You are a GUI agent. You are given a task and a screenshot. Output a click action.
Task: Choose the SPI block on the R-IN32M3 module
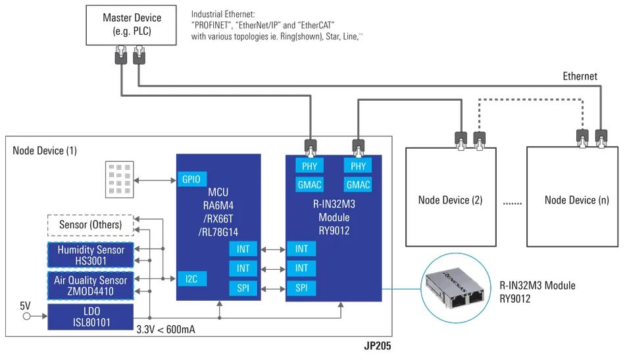301,288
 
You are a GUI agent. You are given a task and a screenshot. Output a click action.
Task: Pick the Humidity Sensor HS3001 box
90,255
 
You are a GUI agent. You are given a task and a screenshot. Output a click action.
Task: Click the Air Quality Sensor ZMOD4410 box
90,285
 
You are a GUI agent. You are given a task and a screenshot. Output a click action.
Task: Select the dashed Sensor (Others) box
90,225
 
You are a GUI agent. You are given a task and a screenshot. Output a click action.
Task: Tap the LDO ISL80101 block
90,316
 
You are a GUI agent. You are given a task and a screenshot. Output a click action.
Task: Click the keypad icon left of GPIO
119,180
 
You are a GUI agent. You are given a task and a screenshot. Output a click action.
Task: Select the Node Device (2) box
453,199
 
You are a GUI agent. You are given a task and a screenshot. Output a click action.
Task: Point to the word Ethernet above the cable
580,76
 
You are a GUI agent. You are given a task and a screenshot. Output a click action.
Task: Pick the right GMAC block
358,185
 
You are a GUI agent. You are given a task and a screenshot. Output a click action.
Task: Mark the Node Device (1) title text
45,151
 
